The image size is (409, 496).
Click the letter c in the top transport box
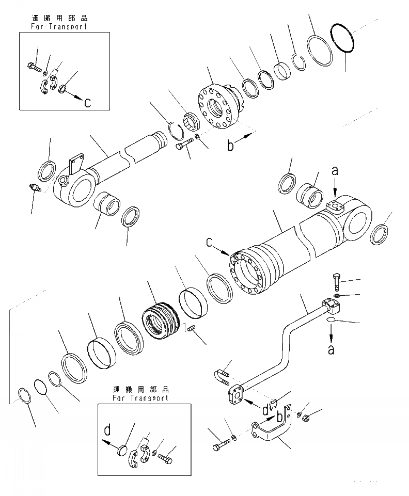88,102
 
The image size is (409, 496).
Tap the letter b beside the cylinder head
230,146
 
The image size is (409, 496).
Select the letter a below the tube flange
331,349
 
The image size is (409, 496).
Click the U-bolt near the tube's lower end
221,375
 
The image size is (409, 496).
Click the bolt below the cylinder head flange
183,144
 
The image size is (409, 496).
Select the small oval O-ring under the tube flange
332,321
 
